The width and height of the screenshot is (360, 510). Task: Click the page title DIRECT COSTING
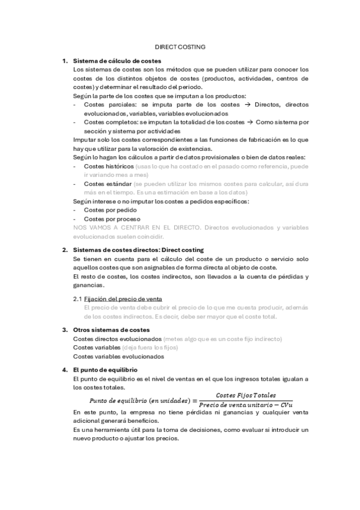click(x=180, y=46)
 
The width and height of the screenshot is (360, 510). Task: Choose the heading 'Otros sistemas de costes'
click(x=111, y=330)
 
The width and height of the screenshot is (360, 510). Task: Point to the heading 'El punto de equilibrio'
click(x=105, y=369)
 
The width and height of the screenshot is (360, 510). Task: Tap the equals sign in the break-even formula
click(x=193, y=400)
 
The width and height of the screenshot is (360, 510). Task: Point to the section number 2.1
click(x=77, y=298)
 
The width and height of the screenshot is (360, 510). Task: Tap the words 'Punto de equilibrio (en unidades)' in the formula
click(x=139, y=401)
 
